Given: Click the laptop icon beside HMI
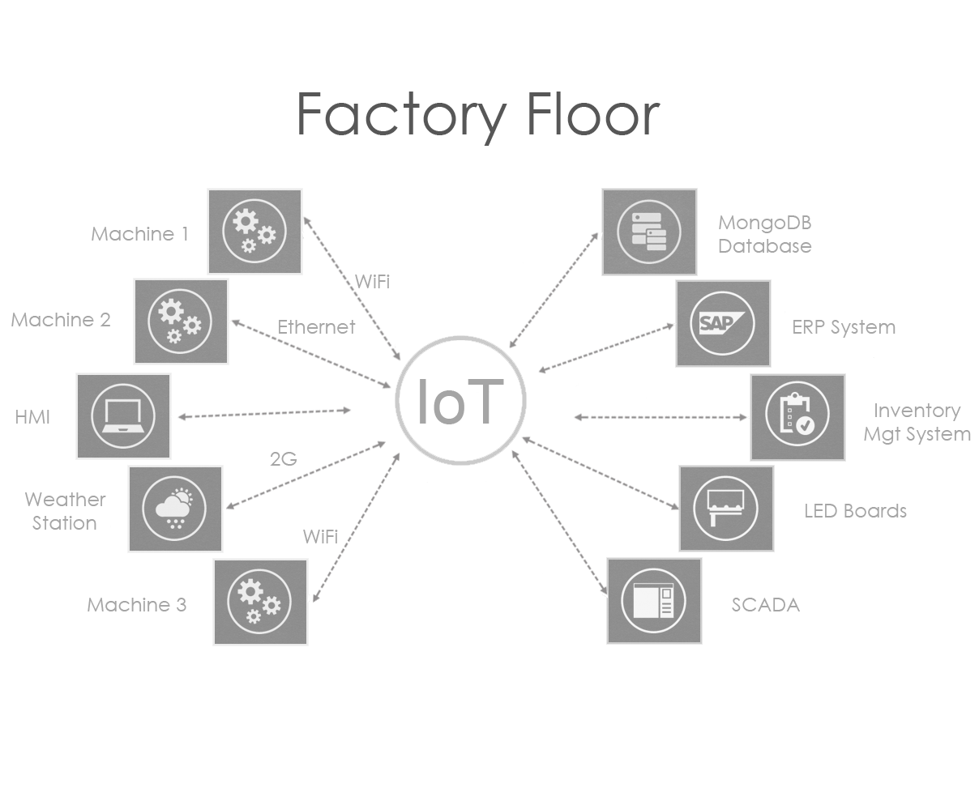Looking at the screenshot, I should tap(123, 415).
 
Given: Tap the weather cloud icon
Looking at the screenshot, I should tap(173, 509).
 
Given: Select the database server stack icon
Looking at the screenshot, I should tap(648, 232).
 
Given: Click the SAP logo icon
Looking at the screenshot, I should tap(722, 323).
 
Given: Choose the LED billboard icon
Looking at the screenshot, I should tap(725, 508).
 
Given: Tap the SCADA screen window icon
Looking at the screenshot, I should tap(653, 601).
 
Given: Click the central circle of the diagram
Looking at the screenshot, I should tap(460, 400).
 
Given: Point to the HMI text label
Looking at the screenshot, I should tap(32, 417).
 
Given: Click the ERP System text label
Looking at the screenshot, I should tap(843, 328).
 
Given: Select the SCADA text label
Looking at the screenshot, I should tap(765, 605).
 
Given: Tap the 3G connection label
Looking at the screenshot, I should tap(284, 460).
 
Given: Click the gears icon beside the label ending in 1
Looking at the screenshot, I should tap(254, 232).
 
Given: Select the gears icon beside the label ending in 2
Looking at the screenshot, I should tap(180, 322).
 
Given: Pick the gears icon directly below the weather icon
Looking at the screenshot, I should tap(259, 602).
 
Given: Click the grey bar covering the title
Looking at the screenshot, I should tap(480, 118).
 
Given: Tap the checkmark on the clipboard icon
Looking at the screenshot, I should tap(805, 425).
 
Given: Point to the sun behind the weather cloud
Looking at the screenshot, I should tap(184, 496).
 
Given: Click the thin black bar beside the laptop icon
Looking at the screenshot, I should tap(264, 414).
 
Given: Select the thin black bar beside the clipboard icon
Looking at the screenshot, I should tap(660, 417).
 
